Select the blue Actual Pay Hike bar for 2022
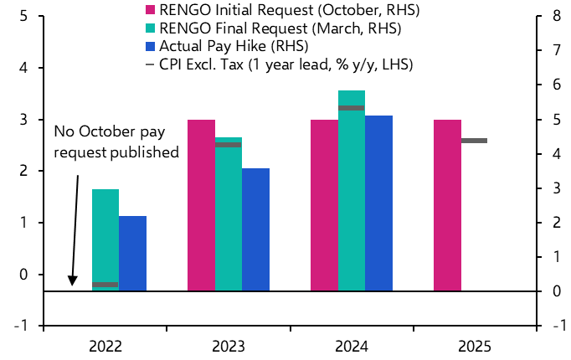132,253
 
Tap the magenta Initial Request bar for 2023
201,205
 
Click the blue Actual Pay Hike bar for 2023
255,229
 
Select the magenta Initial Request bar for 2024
324,205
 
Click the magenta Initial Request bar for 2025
447,205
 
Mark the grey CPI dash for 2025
474,141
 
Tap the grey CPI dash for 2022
105,285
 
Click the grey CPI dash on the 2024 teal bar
351,108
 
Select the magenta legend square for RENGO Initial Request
151,11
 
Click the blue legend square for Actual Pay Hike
151,46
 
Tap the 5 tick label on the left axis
23,16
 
